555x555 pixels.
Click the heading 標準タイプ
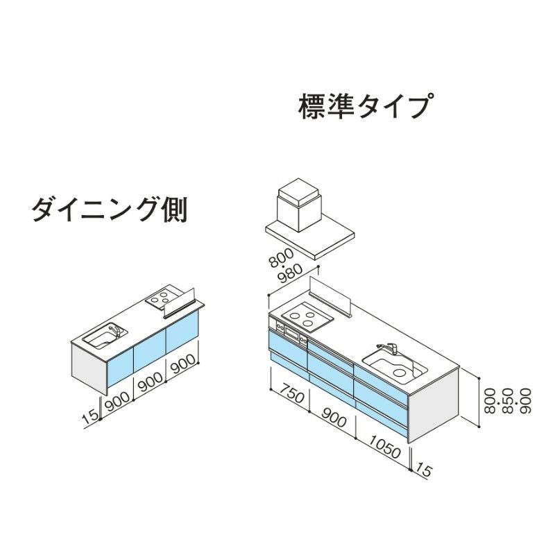coord(366,106)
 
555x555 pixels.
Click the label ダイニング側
coord(110,210)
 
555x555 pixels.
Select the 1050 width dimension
coord(385,447)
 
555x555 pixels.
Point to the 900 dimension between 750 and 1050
coord(334,417)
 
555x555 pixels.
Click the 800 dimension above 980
coord(281,257)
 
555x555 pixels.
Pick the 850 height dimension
coord(507,401)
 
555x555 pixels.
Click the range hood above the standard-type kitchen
coord(310,219)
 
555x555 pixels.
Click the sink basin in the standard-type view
coord(394,368)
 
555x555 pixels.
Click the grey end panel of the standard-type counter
coord(433,405)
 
